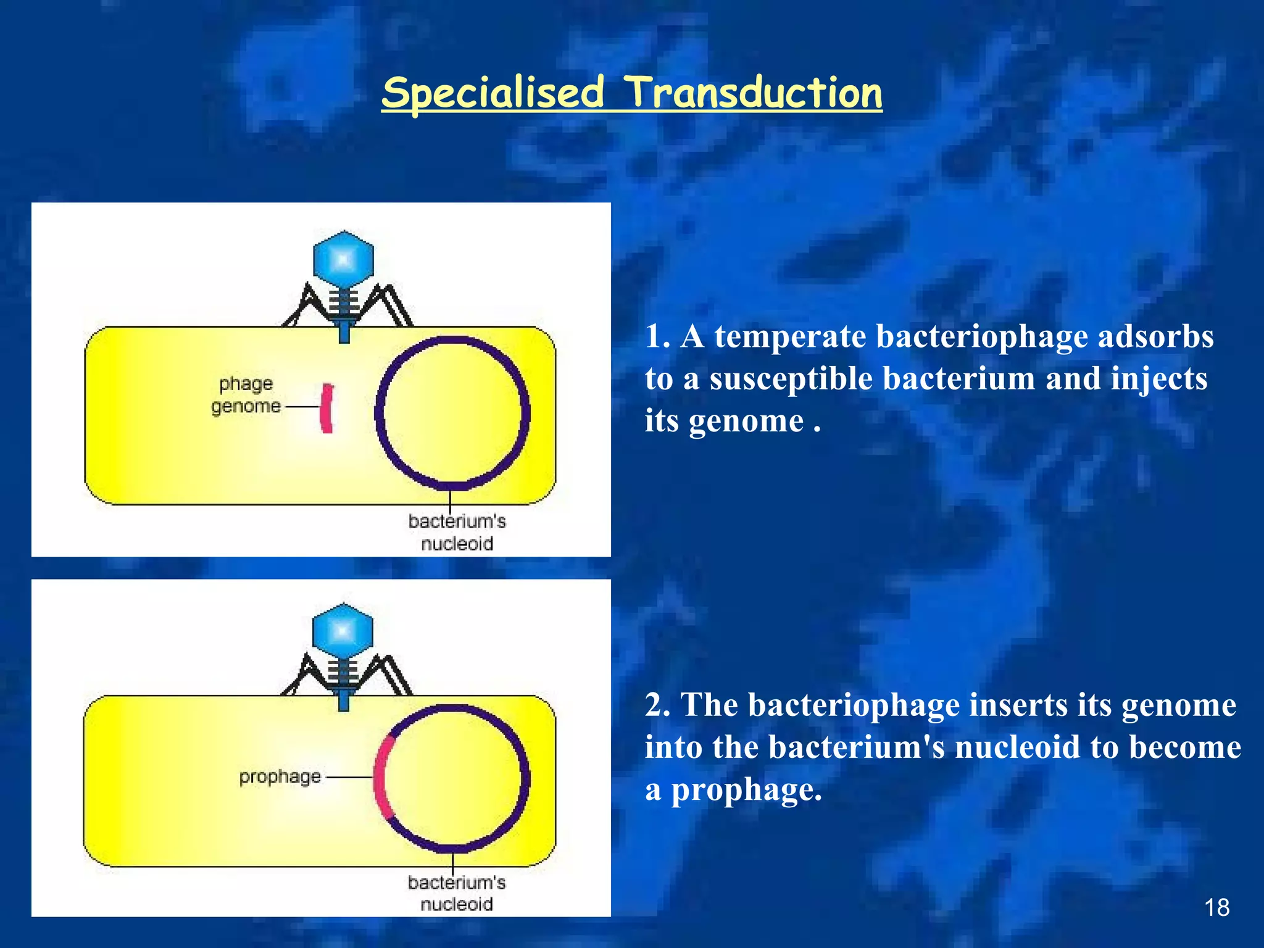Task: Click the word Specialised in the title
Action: coord(493,94)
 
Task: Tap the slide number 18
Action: coord(1216,907)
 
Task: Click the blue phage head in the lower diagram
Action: coord(343,631)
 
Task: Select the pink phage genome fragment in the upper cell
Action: coord(327,408)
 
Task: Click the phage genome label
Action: coord(246,395)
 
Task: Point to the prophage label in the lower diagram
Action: coord(280,776)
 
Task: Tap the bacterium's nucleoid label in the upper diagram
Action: coord(457,532)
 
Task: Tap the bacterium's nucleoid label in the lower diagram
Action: coord(456,893)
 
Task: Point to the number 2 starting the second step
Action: coord(655,705)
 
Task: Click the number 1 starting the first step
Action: coord(654,337)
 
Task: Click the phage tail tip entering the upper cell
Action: coord(344,335)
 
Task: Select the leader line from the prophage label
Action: coord(349,778)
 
